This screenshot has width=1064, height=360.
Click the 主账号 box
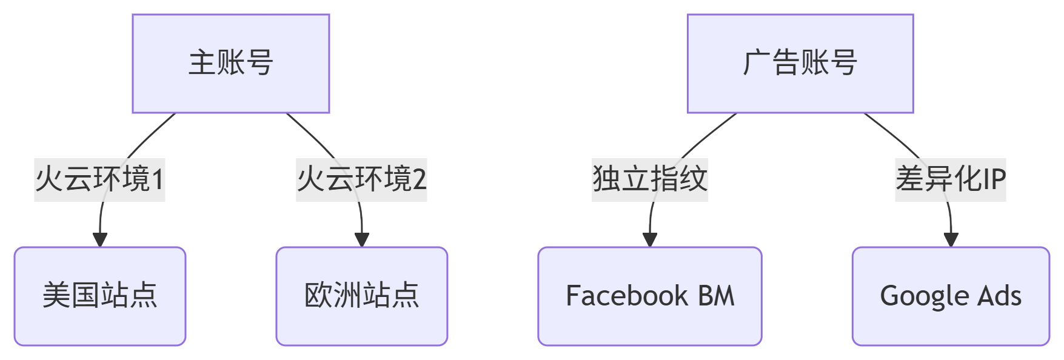[x=230, y=64]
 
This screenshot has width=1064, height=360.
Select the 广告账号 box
[x=800, y=64]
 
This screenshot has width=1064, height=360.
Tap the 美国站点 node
[x=100, y=296]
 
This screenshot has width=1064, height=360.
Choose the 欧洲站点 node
[x=361, y=296]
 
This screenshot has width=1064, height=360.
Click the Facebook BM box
[x=649, y=296]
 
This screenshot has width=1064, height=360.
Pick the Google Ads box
[x=950, y=296]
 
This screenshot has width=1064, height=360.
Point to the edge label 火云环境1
[x=99, y=179]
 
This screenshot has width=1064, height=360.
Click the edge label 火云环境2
[x=361, y=179]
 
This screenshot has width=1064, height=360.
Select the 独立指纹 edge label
[x=649, y=179]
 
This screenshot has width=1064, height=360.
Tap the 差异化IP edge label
[x=950, y=179]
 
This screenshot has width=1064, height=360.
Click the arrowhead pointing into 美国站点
[x=100, y=240]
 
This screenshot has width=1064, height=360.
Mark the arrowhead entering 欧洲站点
[x=362, y=240]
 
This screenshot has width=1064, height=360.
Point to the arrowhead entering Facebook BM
[x=650, y=240]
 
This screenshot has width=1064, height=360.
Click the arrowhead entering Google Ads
[x=951, y=240]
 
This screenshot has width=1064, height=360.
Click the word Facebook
[x=626, y=296]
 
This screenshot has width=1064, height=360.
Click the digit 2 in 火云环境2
[x=419, y=179]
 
